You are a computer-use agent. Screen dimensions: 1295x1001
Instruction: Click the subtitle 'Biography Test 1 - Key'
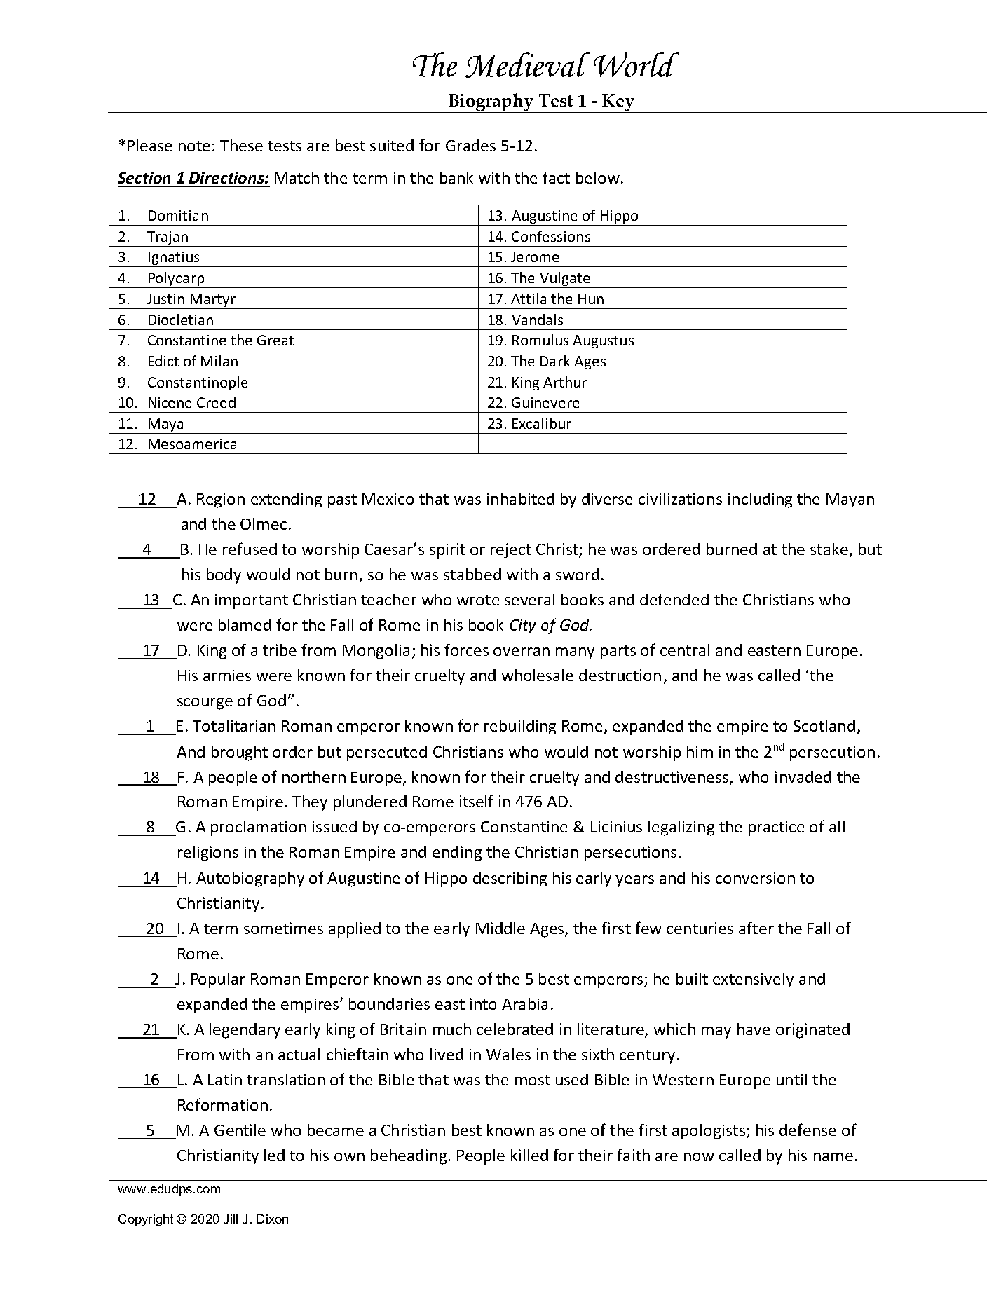[541, 101]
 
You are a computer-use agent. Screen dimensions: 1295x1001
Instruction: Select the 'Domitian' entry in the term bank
[177, 216]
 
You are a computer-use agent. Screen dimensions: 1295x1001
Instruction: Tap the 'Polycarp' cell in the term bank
[175, 278]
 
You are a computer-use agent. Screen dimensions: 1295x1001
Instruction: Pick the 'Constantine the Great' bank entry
[220, 341]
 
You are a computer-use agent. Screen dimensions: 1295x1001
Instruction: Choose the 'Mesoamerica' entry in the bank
[191, 444]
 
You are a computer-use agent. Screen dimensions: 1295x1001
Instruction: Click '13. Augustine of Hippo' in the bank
[563, 216]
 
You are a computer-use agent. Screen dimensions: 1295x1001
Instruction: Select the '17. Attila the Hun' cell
[545, 299]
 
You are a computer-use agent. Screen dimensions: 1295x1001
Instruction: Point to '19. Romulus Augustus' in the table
[561, 341]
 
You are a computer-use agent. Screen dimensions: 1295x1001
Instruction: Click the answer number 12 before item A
[147, 500]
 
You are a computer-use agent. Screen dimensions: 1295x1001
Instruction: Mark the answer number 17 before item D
[151, 651]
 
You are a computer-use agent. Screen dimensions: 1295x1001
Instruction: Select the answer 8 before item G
[150, 828]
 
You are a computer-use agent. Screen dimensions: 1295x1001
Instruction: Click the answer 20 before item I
[154, 929]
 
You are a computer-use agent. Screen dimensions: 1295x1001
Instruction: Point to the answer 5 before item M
[150, 1131]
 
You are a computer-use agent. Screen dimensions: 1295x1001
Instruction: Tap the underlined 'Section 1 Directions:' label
[193, 178]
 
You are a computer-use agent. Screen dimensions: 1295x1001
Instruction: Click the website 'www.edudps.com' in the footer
[169, 1189]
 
